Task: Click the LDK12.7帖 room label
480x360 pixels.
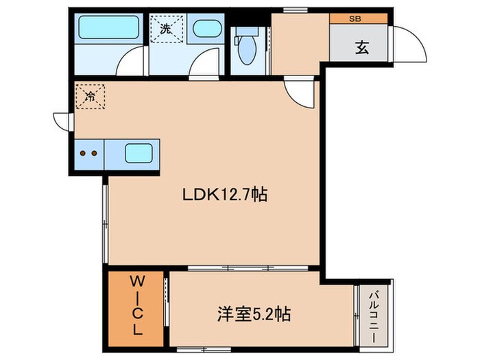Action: (x=224, y=195)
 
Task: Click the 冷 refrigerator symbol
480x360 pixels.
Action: (x=90, y=97)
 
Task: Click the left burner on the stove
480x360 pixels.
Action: (x=84, y=154)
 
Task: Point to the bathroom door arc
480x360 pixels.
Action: (x=129, y=64)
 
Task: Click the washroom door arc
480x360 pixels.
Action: (x=204, y=66)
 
